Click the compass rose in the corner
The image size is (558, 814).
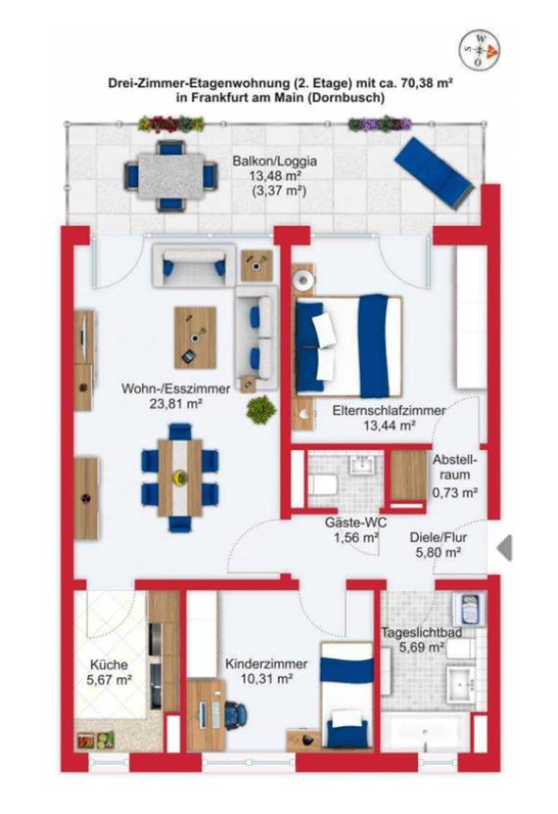point(480,50)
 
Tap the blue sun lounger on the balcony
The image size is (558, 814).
point(433,173)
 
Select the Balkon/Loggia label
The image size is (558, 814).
point(274,161)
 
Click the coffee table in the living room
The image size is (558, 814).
point(195,337)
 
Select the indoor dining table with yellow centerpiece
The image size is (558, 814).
point(180,478)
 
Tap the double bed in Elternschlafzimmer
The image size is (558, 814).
point(348,346)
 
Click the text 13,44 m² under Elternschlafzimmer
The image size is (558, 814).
point(389,427)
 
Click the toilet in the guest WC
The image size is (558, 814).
point(324,485)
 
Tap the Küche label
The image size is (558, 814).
point(109,665)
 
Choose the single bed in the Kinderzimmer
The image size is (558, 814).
point(346,695)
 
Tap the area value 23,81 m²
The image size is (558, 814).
point(176,403)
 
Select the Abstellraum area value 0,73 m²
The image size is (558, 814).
point(455,492)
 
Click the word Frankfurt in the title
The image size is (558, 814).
point(217,97)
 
